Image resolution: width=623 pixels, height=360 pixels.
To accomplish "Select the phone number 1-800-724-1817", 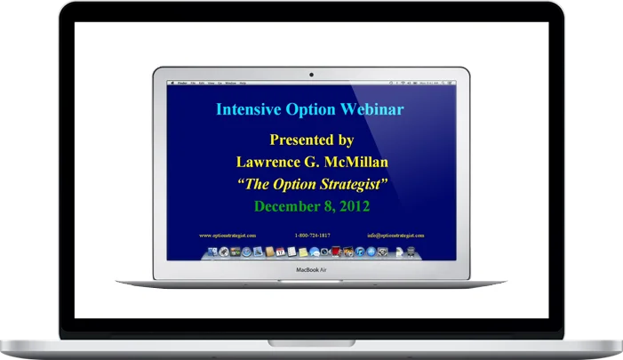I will point(311,235).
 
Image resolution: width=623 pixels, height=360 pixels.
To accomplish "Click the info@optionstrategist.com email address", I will point(395,235).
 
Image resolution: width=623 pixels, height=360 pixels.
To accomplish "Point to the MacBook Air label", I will point(311,268).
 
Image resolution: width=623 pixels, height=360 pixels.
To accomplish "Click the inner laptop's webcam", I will point(311,73).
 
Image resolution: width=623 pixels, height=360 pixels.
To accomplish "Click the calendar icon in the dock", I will point(279,252).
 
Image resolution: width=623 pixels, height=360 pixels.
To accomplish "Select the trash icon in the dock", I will point(412,252).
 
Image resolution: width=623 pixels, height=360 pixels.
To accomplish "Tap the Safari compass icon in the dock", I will point(245,252).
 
